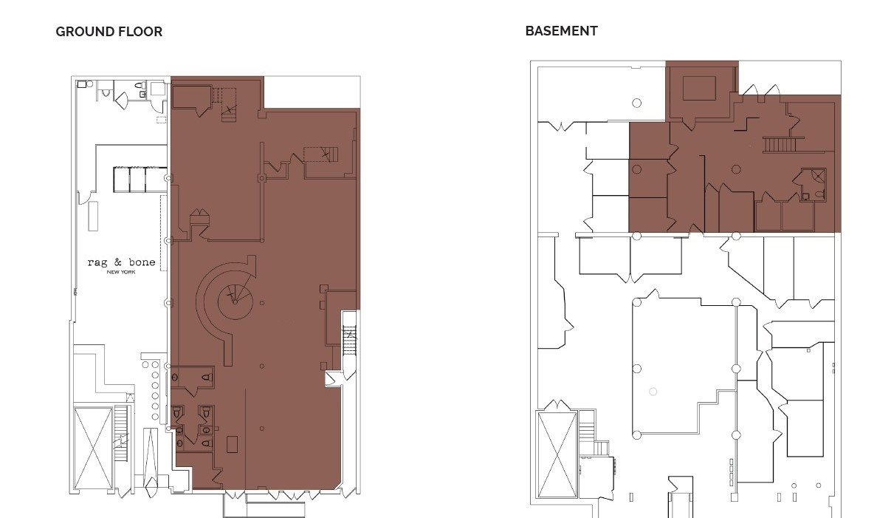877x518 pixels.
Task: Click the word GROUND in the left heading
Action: pyautogui.click(x=84, y=32)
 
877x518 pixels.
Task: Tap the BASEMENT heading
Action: pyautogui.click(x=562, y=31)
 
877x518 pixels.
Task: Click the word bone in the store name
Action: pyautogui.click(x=142, y=262)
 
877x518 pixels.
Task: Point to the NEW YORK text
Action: pyautogui.click(x=121, y=272)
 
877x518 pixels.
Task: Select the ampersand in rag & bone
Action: pyautogui.click(x=117, y=262)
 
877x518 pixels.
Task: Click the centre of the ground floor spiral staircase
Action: pyautogui.click(x=235, y=301)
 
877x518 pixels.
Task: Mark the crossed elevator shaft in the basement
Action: pyautogui.click(x=557, y=454)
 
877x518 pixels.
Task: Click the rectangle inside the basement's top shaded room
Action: pyautogui.click(x=699, y=89)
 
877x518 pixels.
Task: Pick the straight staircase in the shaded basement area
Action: pyautogui.click(x=780, y=145)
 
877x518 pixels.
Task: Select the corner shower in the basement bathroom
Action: pyautogui.click(x=818, y=176)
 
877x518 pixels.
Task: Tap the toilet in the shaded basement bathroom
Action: pyautogui.click(x=819, y=195)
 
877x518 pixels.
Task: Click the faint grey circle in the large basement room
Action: pyautogui.click(x=653, y=392)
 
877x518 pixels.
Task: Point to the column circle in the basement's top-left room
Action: pyautogui.click(x=636, y=103)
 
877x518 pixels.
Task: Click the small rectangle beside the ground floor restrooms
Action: pyautogui.click(x=232, y=444)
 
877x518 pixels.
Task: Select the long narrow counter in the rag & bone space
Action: pyautogui.click(x=94, y=216)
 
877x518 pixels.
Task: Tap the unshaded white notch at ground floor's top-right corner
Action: pyautogui.click(x=312, y=92)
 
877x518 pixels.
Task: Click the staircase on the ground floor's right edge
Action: pyautogui.click(x=350, y=339)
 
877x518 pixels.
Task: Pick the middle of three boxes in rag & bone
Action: pyautogui.click(x=137, y=180)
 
